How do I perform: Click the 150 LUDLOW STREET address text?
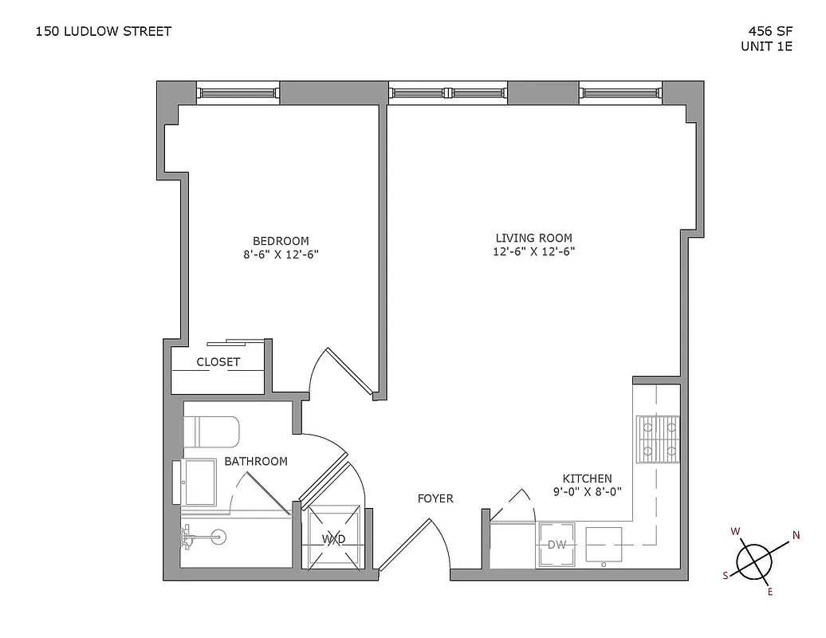tap(104, 31)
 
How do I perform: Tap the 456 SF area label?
tap(769, 31)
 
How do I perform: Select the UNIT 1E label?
tap(766, 46)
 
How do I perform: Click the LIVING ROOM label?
tap(533, 238)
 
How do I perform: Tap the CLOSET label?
tap(218, 362)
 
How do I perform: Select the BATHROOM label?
tap(255, 462)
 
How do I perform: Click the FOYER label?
tap(435, 499)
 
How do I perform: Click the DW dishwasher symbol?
tap(557, 545)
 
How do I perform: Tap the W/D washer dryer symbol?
tap(333, 539)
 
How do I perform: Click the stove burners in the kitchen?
tap(657, 439)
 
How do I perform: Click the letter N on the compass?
tap(795, 535)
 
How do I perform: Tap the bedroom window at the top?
tap(238, 93)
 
